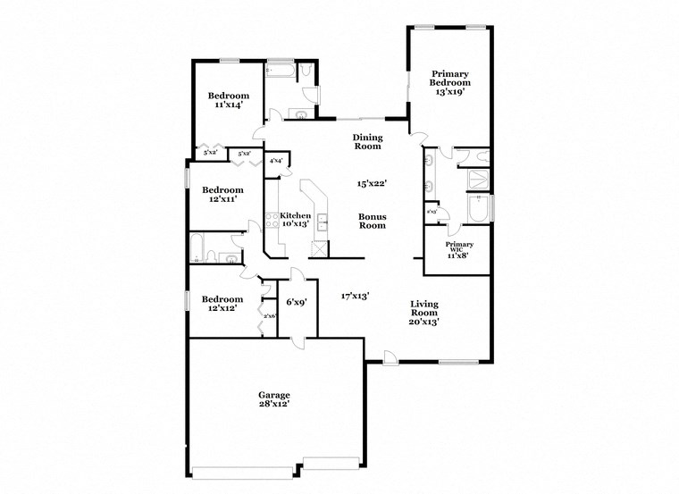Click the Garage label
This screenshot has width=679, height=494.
point(274,394)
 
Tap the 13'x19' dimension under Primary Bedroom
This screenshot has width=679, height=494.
point(450,91)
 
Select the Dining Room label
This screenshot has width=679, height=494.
point(367,141)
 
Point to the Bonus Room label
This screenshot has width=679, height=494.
point(373,221)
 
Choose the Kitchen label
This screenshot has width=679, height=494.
point(296,215)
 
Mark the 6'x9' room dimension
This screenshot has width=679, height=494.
point(296,302)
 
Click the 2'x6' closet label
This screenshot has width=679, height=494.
point(269,316)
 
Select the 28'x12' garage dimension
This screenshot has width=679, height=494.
point(274,405)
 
